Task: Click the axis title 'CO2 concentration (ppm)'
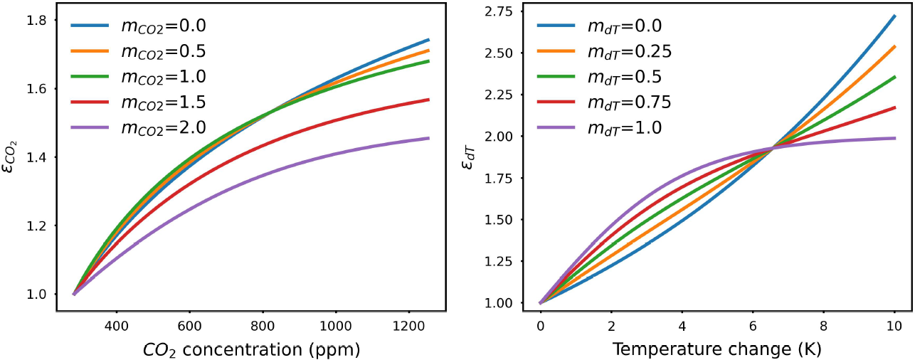tap(251, 349)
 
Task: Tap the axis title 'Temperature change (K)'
tap(717, 349)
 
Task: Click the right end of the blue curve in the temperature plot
tap(894, 15)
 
